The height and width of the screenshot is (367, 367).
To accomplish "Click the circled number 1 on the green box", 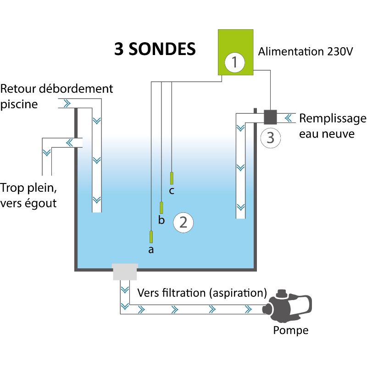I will click(x=235, y=62).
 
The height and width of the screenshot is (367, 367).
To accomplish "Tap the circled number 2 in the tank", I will click(x=183, y=222).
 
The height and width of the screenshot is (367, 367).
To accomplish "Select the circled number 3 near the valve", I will click(x=270, y=137).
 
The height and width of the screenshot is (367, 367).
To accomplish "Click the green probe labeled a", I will click(x=151, y=237).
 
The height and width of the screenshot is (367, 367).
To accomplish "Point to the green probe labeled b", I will click(x=161, y=207).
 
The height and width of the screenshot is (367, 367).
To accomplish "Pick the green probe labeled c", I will click(x=172, y=178).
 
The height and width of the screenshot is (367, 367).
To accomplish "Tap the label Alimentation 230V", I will click(x=305, y=51).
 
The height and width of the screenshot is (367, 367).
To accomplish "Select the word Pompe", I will click(x=291, y=330).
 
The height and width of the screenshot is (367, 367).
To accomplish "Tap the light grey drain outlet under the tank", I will click(x=125, y=272).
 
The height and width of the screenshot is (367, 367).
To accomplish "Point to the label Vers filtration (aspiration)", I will click(x=202, y=293).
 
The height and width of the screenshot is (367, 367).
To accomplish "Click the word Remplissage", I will click(x=333, y=119).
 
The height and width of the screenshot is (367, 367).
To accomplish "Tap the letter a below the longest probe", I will click(x=150, y=250).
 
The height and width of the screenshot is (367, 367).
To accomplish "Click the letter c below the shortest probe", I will click(x=171, y=191).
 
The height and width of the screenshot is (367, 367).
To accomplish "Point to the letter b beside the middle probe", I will click(x=161, y=221).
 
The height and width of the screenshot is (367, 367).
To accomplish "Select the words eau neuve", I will click(x=327, y=134).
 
